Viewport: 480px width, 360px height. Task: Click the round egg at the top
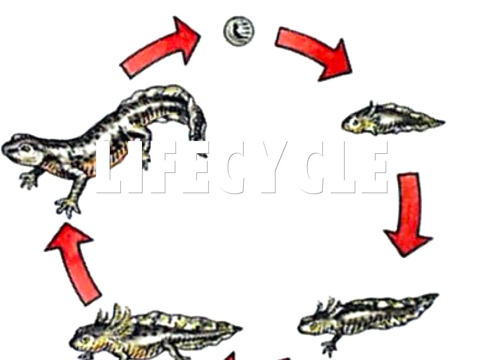(x=239, y=31)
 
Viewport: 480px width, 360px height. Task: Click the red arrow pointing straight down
(x=409, y=214)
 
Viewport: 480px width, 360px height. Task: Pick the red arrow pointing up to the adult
(x=74, y=263)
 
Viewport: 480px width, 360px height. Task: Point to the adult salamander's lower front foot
(x=68, y=208)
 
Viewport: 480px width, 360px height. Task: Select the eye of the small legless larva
(x=356, y=123)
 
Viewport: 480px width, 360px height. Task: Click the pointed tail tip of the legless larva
(x=444, y=122)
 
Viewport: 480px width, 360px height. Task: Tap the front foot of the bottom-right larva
(x=329, y=347)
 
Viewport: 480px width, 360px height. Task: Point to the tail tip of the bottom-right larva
(x=438, y=295)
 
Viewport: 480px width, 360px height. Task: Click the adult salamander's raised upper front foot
(x=29, y=180)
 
